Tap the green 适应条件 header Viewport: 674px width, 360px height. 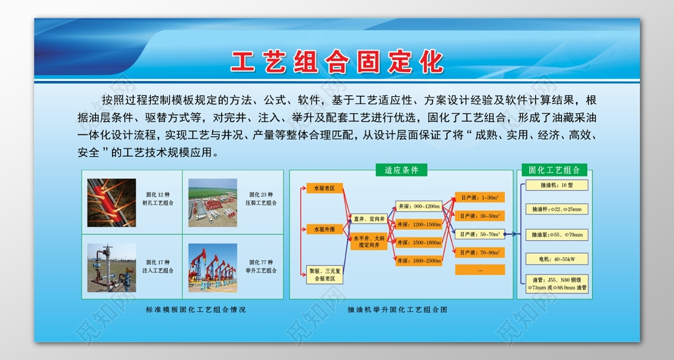402,170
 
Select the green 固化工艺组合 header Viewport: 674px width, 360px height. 554,170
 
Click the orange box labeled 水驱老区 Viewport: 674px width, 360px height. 324,188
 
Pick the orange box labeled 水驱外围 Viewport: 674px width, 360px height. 324,229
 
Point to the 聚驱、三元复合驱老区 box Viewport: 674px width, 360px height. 325,274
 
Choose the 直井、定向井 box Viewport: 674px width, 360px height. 369,219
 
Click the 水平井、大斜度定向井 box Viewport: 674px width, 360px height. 369,242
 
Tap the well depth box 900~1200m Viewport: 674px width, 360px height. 419,206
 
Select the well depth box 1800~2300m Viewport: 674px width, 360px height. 419,261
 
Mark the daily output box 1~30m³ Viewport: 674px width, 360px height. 479,197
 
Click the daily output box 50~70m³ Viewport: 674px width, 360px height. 479,234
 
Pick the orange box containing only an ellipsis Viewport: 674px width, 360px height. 479,270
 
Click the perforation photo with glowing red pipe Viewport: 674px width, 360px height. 112,203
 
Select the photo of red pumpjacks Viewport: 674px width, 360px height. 213,268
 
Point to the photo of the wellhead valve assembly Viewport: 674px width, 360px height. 112,268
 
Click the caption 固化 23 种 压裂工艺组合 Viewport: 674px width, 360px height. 263,199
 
